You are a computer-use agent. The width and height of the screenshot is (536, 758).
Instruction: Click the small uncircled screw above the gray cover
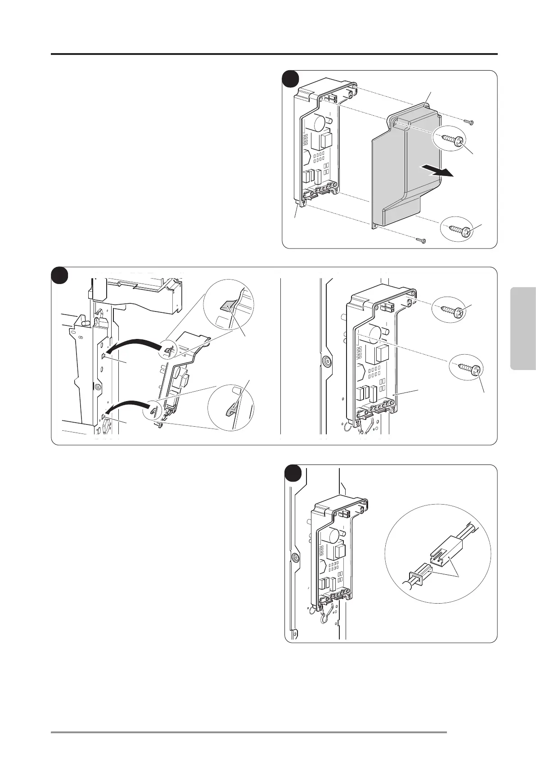click(469, 122)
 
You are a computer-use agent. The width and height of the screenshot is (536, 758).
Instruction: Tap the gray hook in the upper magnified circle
click(227, 308)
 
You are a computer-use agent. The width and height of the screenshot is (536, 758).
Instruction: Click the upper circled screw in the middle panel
click(450, 311)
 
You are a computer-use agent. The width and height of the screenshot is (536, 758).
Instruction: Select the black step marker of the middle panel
click(59, 275)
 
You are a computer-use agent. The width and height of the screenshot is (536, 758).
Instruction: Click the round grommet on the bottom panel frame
click(295, 557)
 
